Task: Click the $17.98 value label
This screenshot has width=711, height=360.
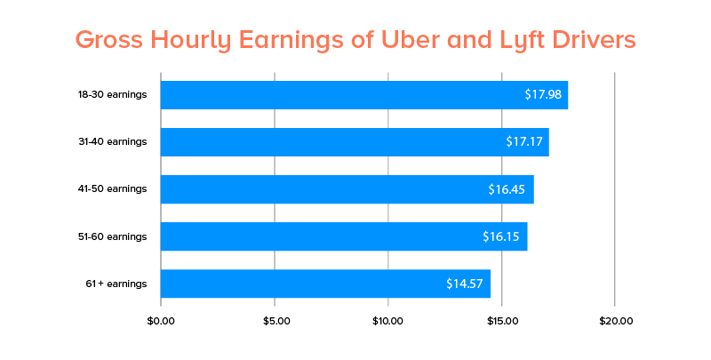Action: pos(543,95)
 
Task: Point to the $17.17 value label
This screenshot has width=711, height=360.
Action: pos(524,142)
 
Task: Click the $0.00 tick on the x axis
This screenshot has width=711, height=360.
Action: pos(161,321)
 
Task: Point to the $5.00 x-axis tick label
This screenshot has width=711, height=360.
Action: pos(275,321)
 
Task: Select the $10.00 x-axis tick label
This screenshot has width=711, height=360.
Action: pos(387,321)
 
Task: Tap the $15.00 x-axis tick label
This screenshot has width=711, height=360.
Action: pos(501,321)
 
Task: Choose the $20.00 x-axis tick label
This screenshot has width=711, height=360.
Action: pos(615,321)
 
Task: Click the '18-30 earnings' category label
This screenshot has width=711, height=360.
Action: pos(112,95)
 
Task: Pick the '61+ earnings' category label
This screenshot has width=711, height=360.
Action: pos(116,284)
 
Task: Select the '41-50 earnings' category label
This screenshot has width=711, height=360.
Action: pos(112,189)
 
